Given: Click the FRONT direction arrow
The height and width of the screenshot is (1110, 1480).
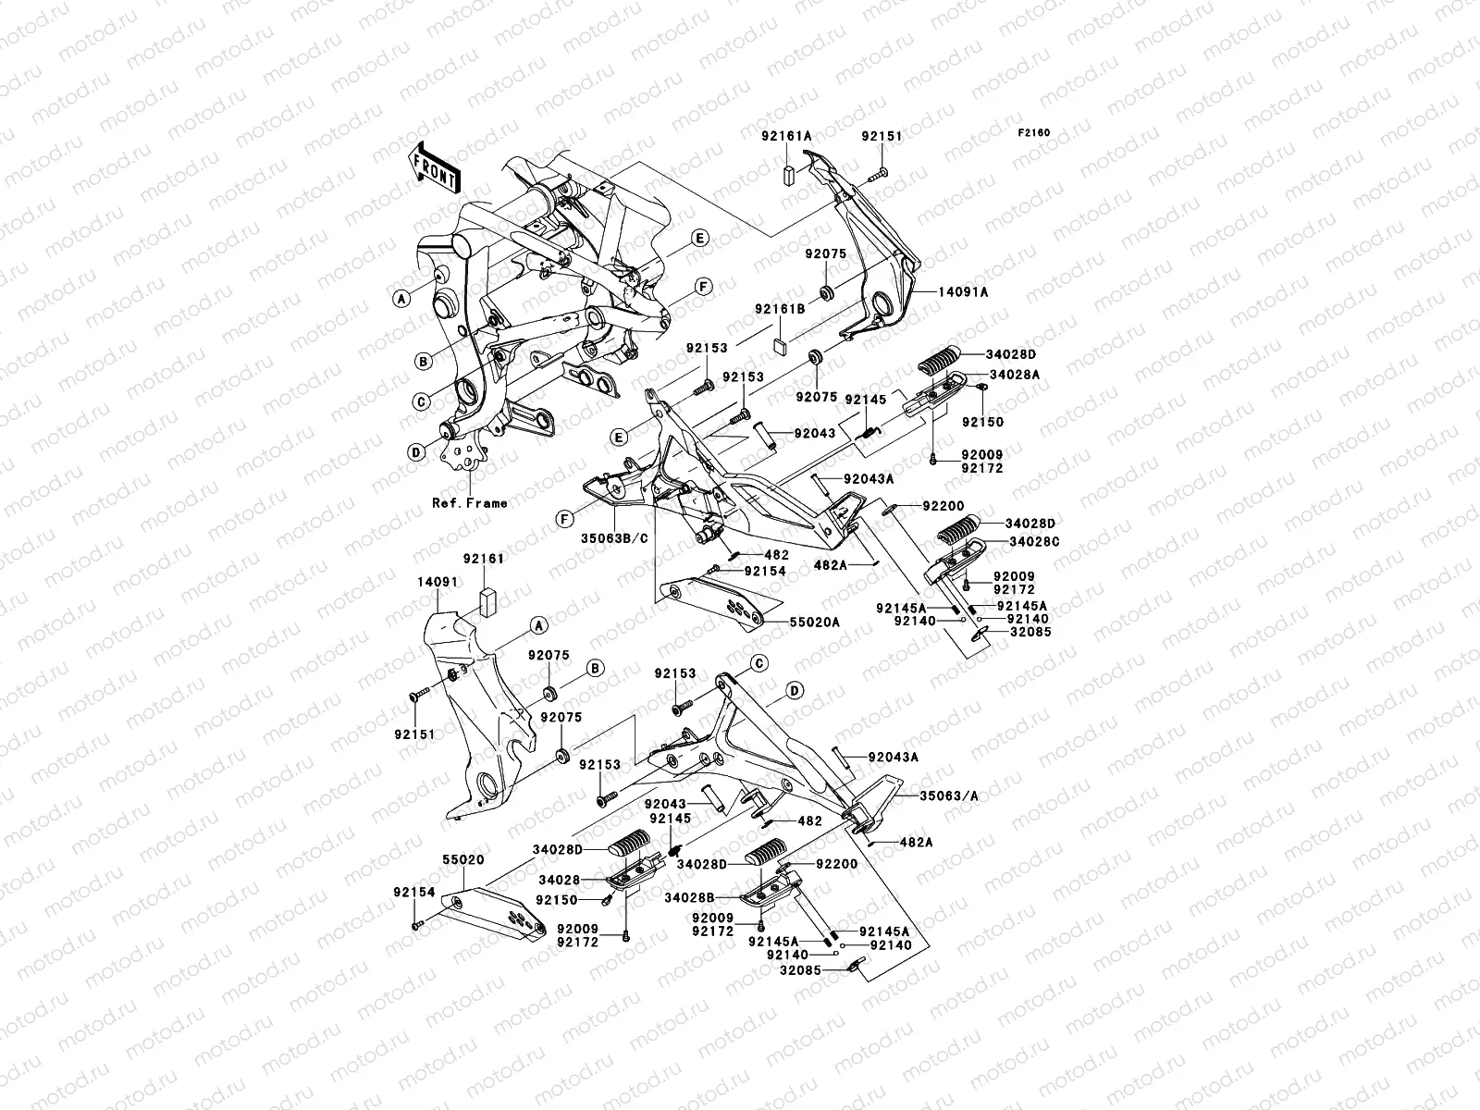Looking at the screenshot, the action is coord(435,167).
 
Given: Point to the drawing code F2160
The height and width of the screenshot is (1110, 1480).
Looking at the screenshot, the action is coord(1034,133).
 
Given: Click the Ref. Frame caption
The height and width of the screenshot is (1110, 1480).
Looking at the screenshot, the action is coord(470,503).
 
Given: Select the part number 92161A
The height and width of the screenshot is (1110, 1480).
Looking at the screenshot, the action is coord(787,135).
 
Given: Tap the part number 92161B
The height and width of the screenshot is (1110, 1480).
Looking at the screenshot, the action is coord(780,309).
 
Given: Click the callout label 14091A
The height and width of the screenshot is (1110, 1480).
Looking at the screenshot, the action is coord(964,291).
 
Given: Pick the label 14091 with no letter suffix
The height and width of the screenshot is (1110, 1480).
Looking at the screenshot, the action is coord(438,582).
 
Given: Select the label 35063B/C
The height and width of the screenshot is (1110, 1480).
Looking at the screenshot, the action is coord(614,538).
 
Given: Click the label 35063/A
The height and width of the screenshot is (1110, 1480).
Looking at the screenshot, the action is coord(949,795).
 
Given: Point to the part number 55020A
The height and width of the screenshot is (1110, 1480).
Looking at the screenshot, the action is coord(815,622).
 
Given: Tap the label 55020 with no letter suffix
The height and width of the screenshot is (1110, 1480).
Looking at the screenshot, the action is coord(463,860).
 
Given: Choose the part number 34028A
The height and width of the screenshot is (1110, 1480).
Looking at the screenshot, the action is coord(1015,374).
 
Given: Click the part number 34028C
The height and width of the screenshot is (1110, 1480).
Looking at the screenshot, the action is coord(1034,541).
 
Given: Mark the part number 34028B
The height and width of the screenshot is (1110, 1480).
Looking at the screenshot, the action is coord(690,897).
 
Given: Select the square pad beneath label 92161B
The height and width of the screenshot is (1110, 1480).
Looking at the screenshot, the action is coord(781,346).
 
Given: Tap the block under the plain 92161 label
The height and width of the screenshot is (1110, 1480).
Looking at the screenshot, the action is coord(487,602).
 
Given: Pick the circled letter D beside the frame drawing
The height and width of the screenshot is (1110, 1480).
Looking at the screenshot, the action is coord(416,452).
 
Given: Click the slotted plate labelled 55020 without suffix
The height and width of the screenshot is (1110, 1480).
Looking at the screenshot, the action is coord(496,914).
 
